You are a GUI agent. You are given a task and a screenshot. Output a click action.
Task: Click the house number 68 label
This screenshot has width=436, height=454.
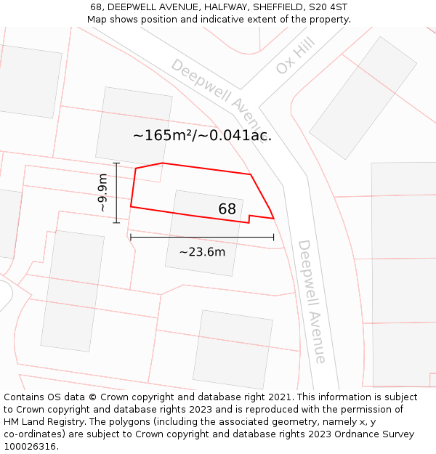pos(227,209)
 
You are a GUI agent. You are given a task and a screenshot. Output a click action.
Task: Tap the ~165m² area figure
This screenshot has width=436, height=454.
pos(161,135)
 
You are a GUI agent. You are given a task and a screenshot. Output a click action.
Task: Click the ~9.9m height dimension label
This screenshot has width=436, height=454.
pos(103,192)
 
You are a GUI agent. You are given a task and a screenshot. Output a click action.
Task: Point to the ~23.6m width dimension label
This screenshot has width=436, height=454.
pos(202,252)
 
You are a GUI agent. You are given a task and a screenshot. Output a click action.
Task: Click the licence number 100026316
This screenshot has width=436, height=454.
pos(30,447)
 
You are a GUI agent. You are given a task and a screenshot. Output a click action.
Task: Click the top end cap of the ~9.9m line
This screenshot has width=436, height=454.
pos(116,163)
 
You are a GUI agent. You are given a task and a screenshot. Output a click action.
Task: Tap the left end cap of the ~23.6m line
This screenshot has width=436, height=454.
pos(131,237)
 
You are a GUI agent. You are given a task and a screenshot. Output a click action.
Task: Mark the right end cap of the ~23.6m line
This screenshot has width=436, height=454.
pos(274,237)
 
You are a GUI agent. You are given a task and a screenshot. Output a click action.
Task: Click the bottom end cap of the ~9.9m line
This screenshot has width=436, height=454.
pos(116,222)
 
